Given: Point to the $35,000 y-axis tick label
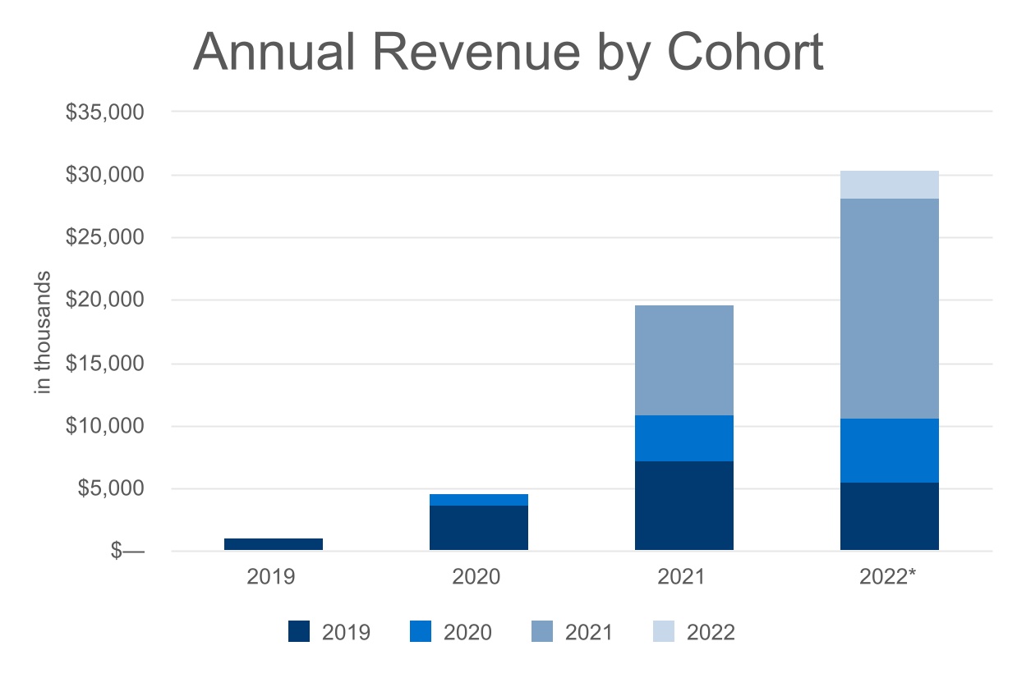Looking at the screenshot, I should click(x=104, y=112).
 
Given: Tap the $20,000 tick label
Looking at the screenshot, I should click(x=104, y=300).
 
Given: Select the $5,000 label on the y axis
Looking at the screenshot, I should click(x=109, y=489).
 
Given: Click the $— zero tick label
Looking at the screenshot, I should click(x=127, y=552).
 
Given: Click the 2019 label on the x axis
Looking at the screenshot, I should click(x=271, y=576).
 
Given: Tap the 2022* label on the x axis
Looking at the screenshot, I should click(x=889, y=576).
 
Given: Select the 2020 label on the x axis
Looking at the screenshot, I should click(x=476, y=576).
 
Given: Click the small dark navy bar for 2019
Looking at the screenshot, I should click(x=273, y=544).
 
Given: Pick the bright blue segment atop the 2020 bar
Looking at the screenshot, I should click(x=478, y=500).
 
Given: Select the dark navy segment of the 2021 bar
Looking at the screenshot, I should click(x=683, y=506).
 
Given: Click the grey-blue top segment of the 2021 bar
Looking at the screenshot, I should click(x=683, y=360).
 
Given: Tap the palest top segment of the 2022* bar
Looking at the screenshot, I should click(x=889, y=185).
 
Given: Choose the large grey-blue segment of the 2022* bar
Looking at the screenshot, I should click(x=889, y=309).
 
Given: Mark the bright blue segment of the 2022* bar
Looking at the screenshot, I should click(x=889, y=451).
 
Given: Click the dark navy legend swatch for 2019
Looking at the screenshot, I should click(x=299, y=632).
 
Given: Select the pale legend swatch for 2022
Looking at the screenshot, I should click(x=663, y=632).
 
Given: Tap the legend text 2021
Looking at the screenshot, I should click(x=589, y=632).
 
